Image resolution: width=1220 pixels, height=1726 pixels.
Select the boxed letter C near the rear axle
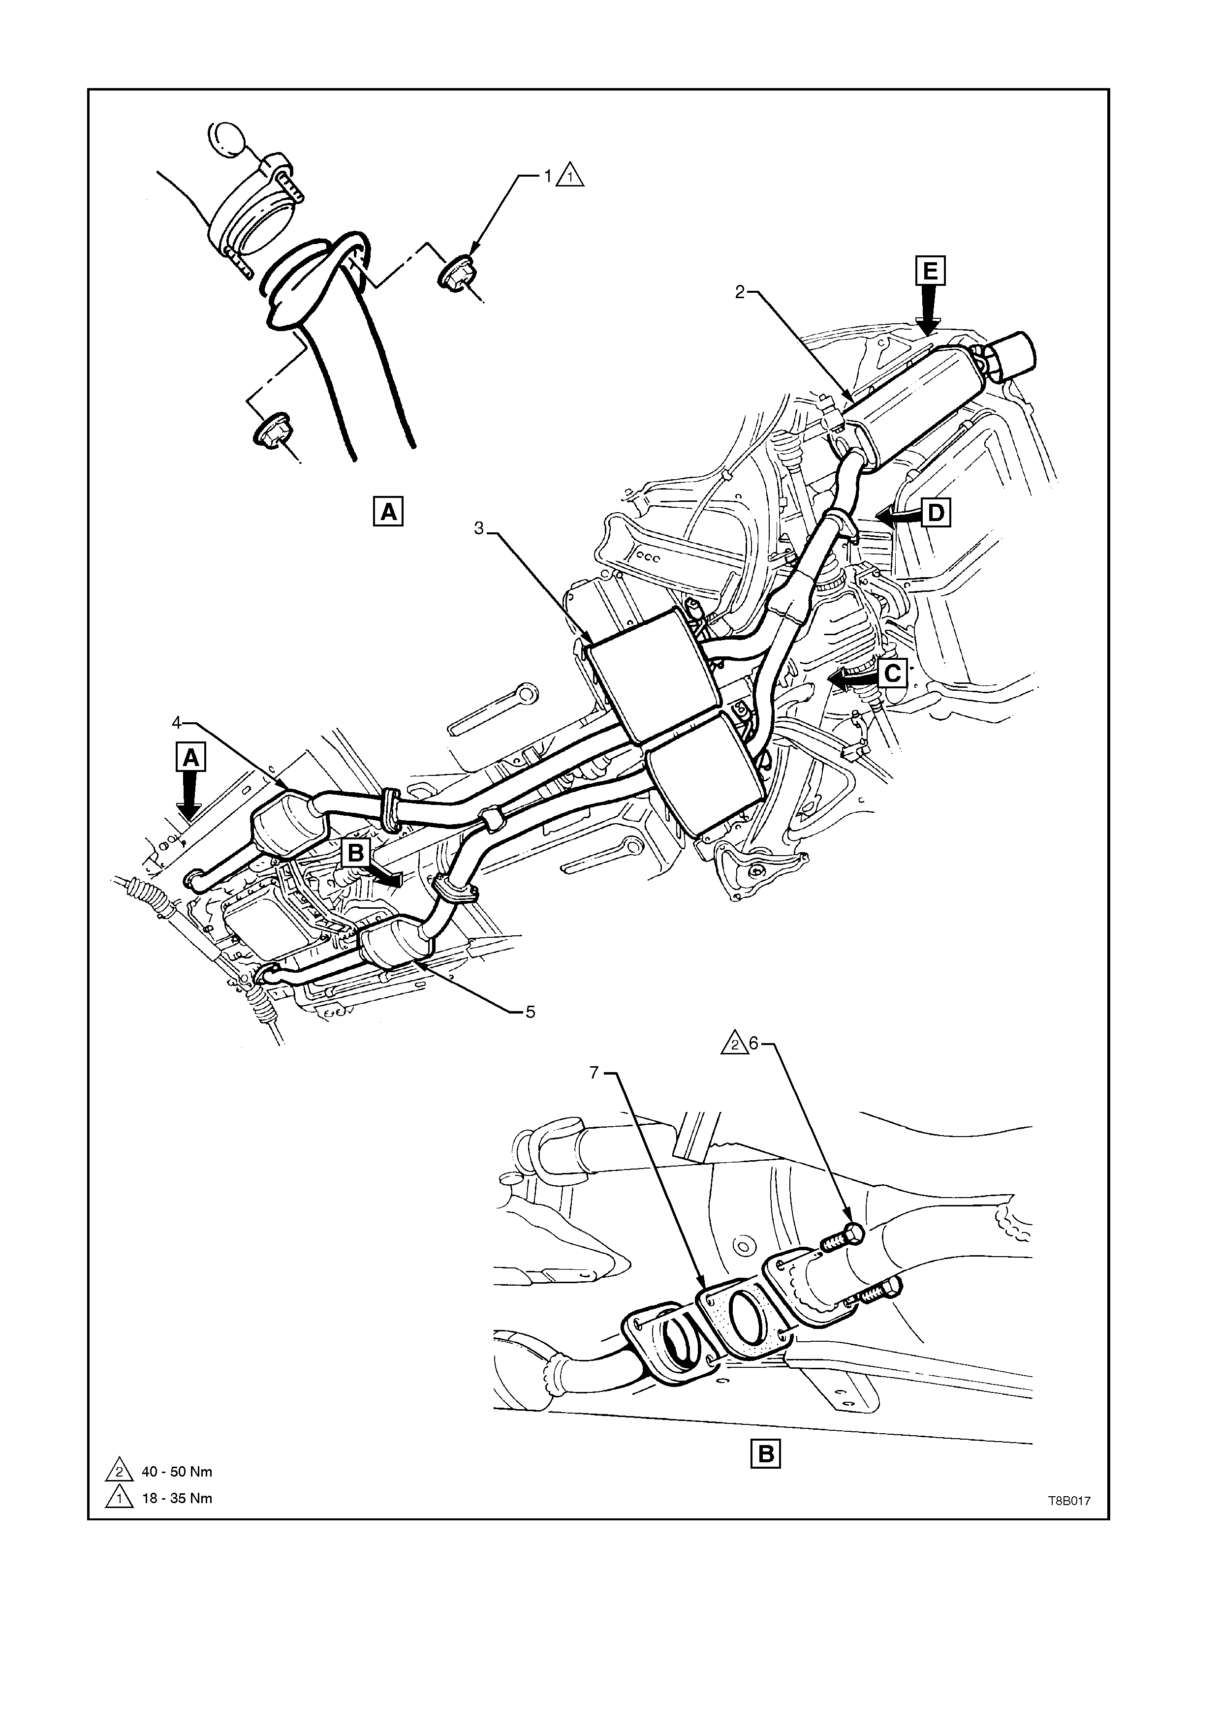coord(892,673)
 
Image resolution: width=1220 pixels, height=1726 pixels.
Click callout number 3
coord(479,528)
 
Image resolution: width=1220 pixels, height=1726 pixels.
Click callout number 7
coord(594,1073)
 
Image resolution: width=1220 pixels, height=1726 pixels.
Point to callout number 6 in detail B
coord(754,1044)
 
